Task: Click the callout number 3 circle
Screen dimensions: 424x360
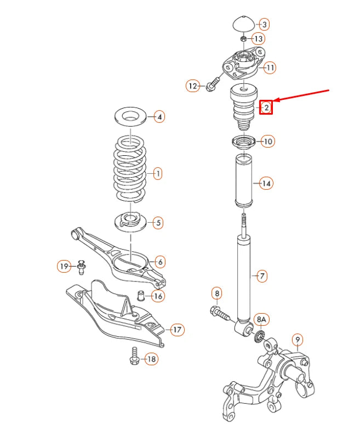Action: [x=264, y=24]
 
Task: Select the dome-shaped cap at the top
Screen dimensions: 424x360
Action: [x=242, y=25]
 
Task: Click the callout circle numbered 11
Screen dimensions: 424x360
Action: [x=270, y=68]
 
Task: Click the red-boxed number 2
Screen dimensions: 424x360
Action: [x=266, y=108]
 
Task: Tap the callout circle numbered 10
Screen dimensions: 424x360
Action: [x=267, y=142]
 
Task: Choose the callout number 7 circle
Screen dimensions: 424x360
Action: [x=261, y=276]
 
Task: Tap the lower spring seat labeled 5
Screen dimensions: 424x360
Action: [x=131, y=222]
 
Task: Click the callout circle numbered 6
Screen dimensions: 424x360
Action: [x=159, y=262]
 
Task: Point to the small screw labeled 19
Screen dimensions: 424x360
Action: [x=82, y=267]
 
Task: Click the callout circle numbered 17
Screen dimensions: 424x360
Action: [x=177, y=330]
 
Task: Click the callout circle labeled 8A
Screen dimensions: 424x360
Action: [x=261, y=319]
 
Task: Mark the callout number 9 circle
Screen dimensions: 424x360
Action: [x=297, y=340]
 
